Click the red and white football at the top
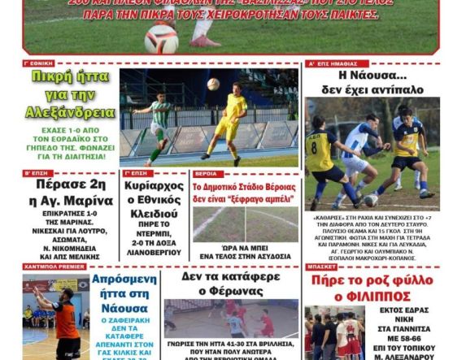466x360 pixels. (161, 37)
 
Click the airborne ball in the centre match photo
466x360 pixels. (212, 83)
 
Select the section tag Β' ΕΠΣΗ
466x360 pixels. (36, 174)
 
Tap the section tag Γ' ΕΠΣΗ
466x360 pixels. (135, 174)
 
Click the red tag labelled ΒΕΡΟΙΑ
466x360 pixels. (206, 174)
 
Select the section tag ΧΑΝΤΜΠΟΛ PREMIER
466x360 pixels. (53, 267)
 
